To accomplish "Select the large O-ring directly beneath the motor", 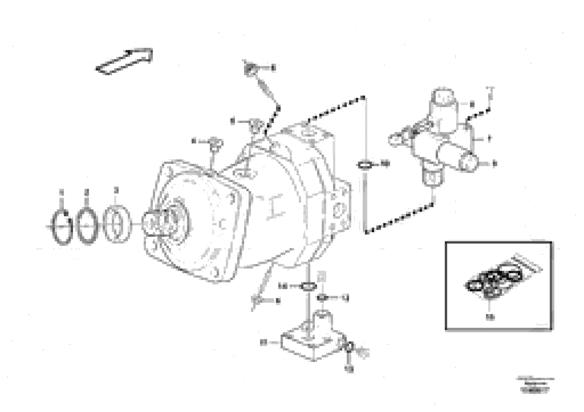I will [x=309, y=287].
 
